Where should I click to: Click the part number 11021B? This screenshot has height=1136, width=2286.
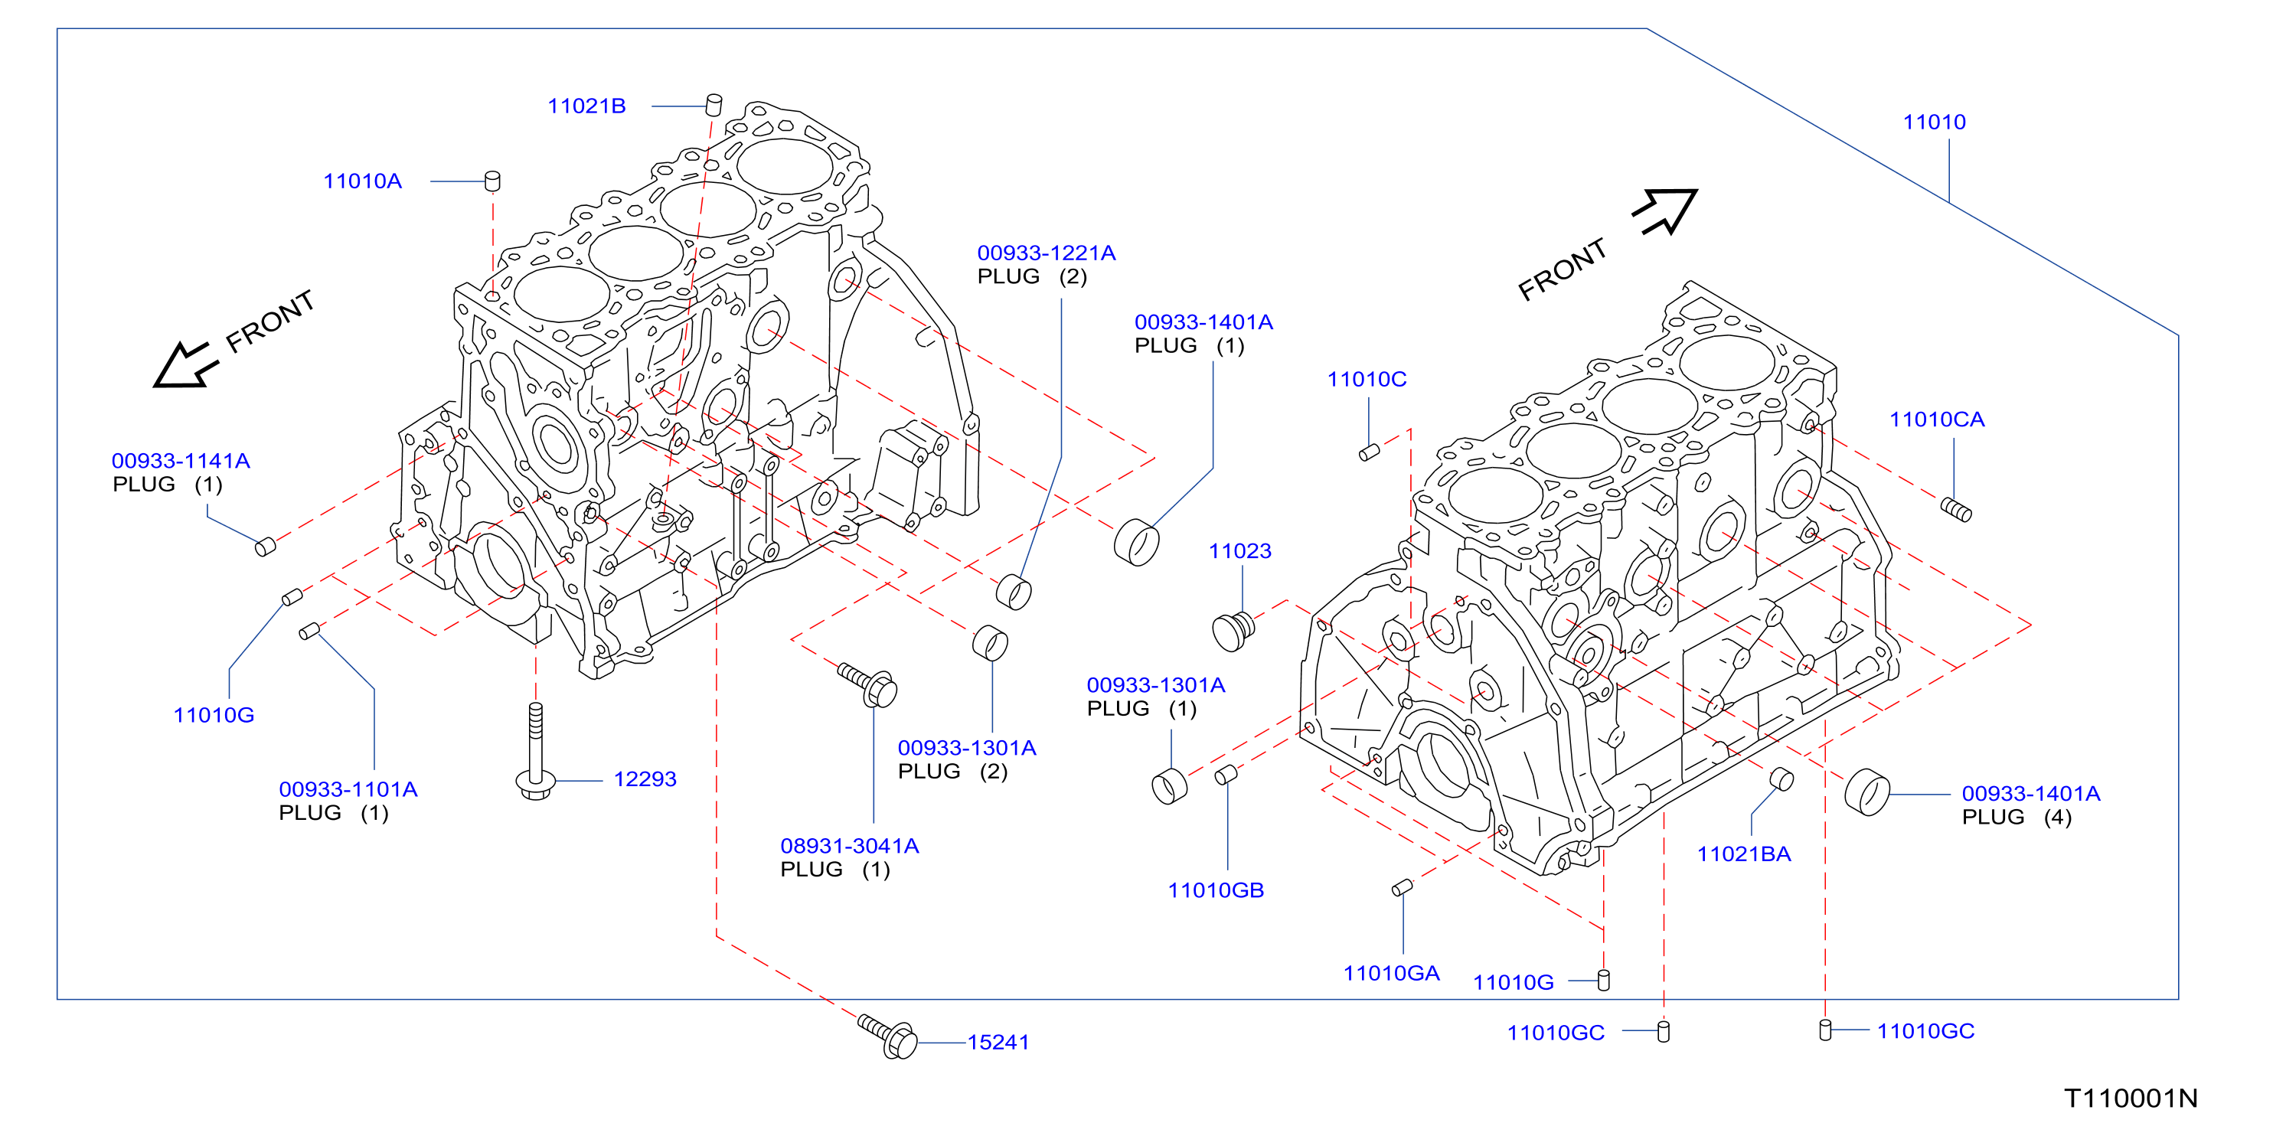[x=586, y=106]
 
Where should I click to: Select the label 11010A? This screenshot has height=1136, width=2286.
[x=362, y=181]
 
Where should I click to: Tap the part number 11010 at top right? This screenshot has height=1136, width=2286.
[x=1934, y=122]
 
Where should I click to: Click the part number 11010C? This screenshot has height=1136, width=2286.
[x=1367, y=379]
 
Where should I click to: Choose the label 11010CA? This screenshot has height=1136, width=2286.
[x=1936, y=419]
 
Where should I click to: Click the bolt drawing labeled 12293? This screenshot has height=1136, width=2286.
[x=535, y=751]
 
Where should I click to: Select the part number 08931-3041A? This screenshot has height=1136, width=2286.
[x=849, y=846]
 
